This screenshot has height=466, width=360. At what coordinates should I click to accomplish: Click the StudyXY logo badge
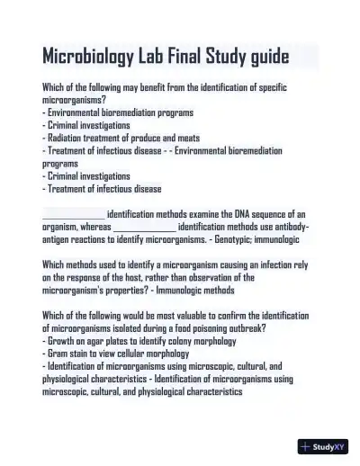tap(323, 445)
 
